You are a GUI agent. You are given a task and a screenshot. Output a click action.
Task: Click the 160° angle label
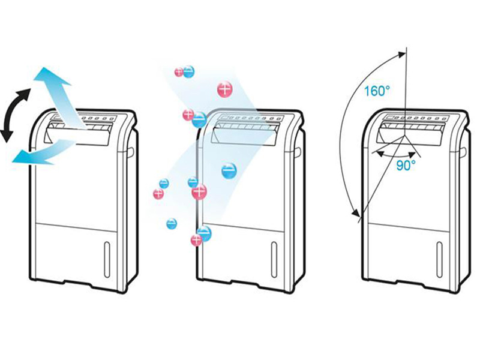pos(377,92)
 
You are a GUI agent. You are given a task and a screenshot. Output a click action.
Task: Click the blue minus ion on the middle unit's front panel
pos(229,171)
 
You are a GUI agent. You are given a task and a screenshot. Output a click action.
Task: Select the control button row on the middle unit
pos(264,118)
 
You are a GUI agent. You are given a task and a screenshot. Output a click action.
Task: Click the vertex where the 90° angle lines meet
pos(405,135)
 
